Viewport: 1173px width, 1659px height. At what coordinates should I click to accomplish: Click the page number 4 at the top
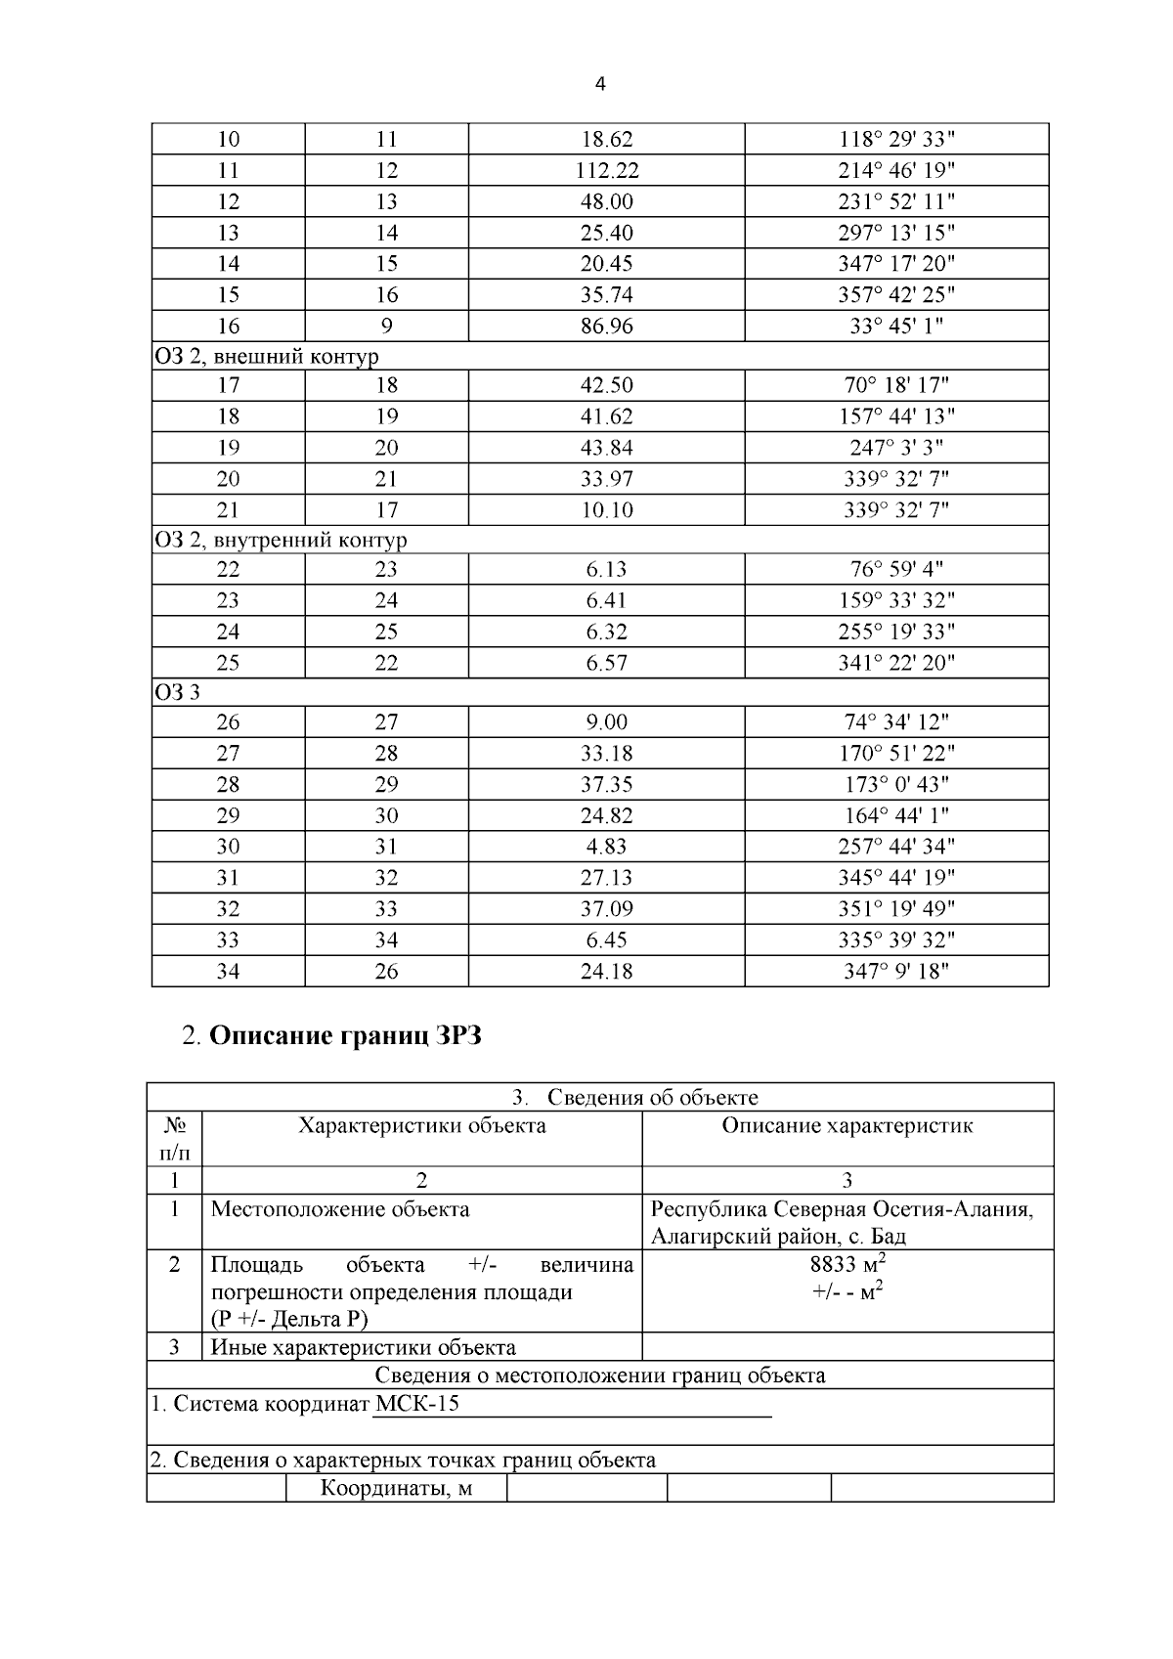pyautogui.click(x=600, y=85)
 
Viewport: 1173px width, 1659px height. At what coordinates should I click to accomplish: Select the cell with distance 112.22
pyautogui.click(x=607, y=171)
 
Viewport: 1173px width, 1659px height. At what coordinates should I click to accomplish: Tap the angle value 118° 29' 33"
pyautogui.click(x=896, y=140)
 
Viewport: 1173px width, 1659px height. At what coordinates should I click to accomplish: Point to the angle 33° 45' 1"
pyautogui.click(x=896, y=327)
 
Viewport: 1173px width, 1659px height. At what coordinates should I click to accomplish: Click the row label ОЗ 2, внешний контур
pyautogui.click(x=266, y=357)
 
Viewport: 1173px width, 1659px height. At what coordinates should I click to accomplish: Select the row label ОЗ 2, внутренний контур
pyautogui.click(x=281, y=541)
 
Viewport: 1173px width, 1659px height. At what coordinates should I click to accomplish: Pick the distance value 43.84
pyautogui.click(x=607, y=449)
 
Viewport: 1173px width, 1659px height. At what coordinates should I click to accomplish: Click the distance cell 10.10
pyautogui.click(x=607, y=510)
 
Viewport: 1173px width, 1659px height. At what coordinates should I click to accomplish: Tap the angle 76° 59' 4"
pyautogui.click(x=896, y=570)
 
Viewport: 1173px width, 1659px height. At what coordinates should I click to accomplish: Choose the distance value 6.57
pyautogui.click(x=607, y=664)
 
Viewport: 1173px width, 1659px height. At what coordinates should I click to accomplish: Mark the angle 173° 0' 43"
pyautogui.click(x=896, y=785)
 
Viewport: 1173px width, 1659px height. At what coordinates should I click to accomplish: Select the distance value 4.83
pyautogui.click(x=607, y=848)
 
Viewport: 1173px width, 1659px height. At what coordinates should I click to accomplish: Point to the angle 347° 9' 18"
pyautogui.click(x=896, y=972)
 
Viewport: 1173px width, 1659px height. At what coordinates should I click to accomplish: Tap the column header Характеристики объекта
pyautogui.click(x=422, y=1126)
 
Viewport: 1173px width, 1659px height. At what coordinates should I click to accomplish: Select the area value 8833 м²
pyautogui.click(x=847, y=1266)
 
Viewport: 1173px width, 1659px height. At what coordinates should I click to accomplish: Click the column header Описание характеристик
pyautogui.click(x=847, y=1126)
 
